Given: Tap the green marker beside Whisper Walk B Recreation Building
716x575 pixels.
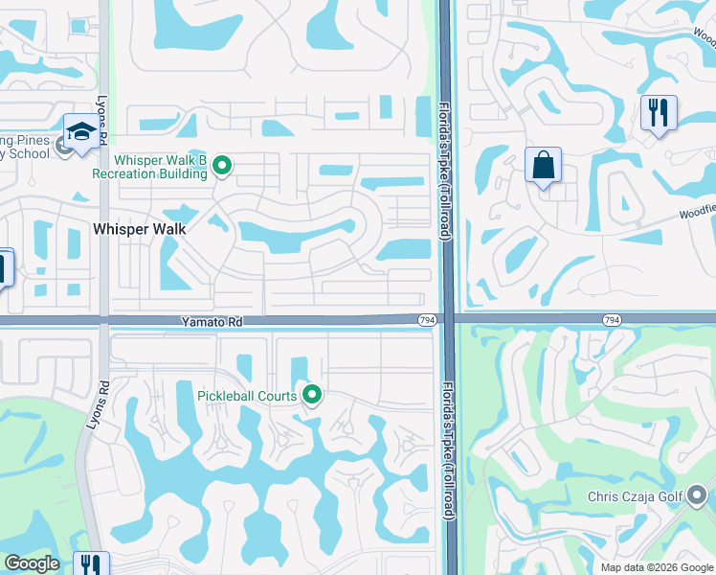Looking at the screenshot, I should (x=223, y=167).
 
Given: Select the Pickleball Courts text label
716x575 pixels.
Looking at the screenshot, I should (x=246, y=395).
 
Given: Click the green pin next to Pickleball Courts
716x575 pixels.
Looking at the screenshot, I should (x=311, y=394).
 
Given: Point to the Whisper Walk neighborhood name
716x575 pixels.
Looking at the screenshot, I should (x=139, y=229).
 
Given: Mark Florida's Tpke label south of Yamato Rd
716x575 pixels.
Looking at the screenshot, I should (x=446, y=450).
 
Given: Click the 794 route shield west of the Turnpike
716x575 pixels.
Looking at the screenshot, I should (x=427, y=319).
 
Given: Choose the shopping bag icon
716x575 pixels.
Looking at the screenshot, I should (x=543, y=165).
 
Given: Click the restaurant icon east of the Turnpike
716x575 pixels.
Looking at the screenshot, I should (x=659, y=113).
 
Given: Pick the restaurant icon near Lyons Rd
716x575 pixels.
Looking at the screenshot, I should (x=91, y=565).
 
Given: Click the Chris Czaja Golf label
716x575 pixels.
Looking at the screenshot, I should (x=635, y=495).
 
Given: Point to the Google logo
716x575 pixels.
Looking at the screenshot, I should (x=32, y=563).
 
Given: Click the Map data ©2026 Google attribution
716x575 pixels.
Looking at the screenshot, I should (x=657, y=567).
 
